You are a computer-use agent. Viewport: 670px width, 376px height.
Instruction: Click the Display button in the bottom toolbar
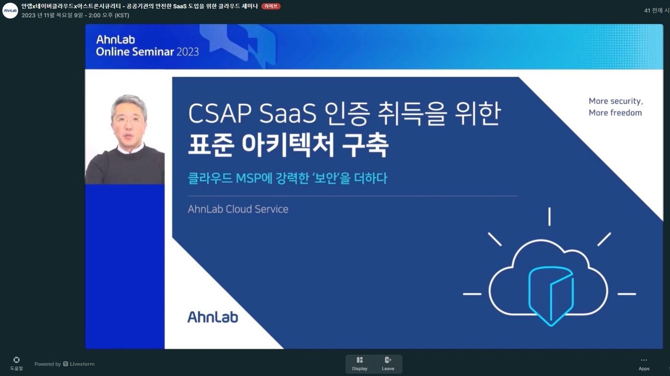[360, 363]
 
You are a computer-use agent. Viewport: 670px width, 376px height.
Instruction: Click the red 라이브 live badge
[271, 6]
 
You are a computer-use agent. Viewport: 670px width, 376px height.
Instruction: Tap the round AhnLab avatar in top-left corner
[10, 10]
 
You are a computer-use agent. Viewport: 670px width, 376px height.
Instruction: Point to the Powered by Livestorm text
[64, 364]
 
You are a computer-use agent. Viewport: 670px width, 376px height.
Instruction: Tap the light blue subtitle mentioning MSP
[287, 179]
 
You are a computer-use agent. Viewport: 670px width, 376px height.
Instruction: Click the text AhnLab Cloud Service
[238, 209]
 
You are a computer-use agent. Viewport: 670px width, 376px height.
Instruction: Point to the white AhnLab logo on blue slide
[213, 317]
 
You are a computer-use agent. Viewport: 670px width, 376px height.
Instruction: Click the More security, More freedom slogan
[616, 107]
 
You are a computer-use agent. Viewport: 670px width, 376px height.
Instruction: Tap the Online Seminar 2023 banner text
[147, 52]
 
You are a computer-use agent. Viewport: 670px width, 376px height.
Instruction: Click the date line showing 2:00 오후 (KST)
[75, 15]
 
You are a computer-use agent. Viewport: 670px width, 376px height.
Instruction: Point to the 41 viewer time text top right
[656, 10]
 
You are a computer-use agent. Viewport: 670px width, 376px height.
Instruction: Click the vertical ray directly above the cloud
[549, 217]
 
